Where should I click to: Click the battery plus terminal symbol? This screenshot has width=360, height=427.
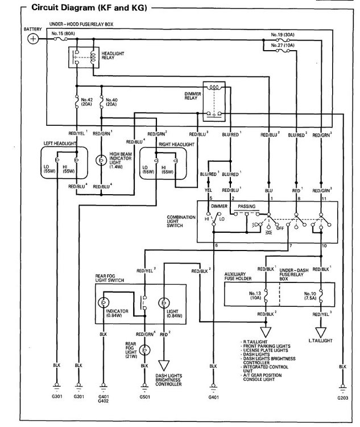pos(34,39)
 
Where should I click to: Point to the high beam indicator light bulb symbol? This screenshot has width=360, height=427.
pos(101,162)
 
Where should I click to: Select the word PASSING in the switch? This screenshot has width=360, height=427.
pos(247,206)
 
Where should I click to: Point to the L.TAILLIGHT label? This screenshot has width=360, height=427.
pos(321,340)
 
